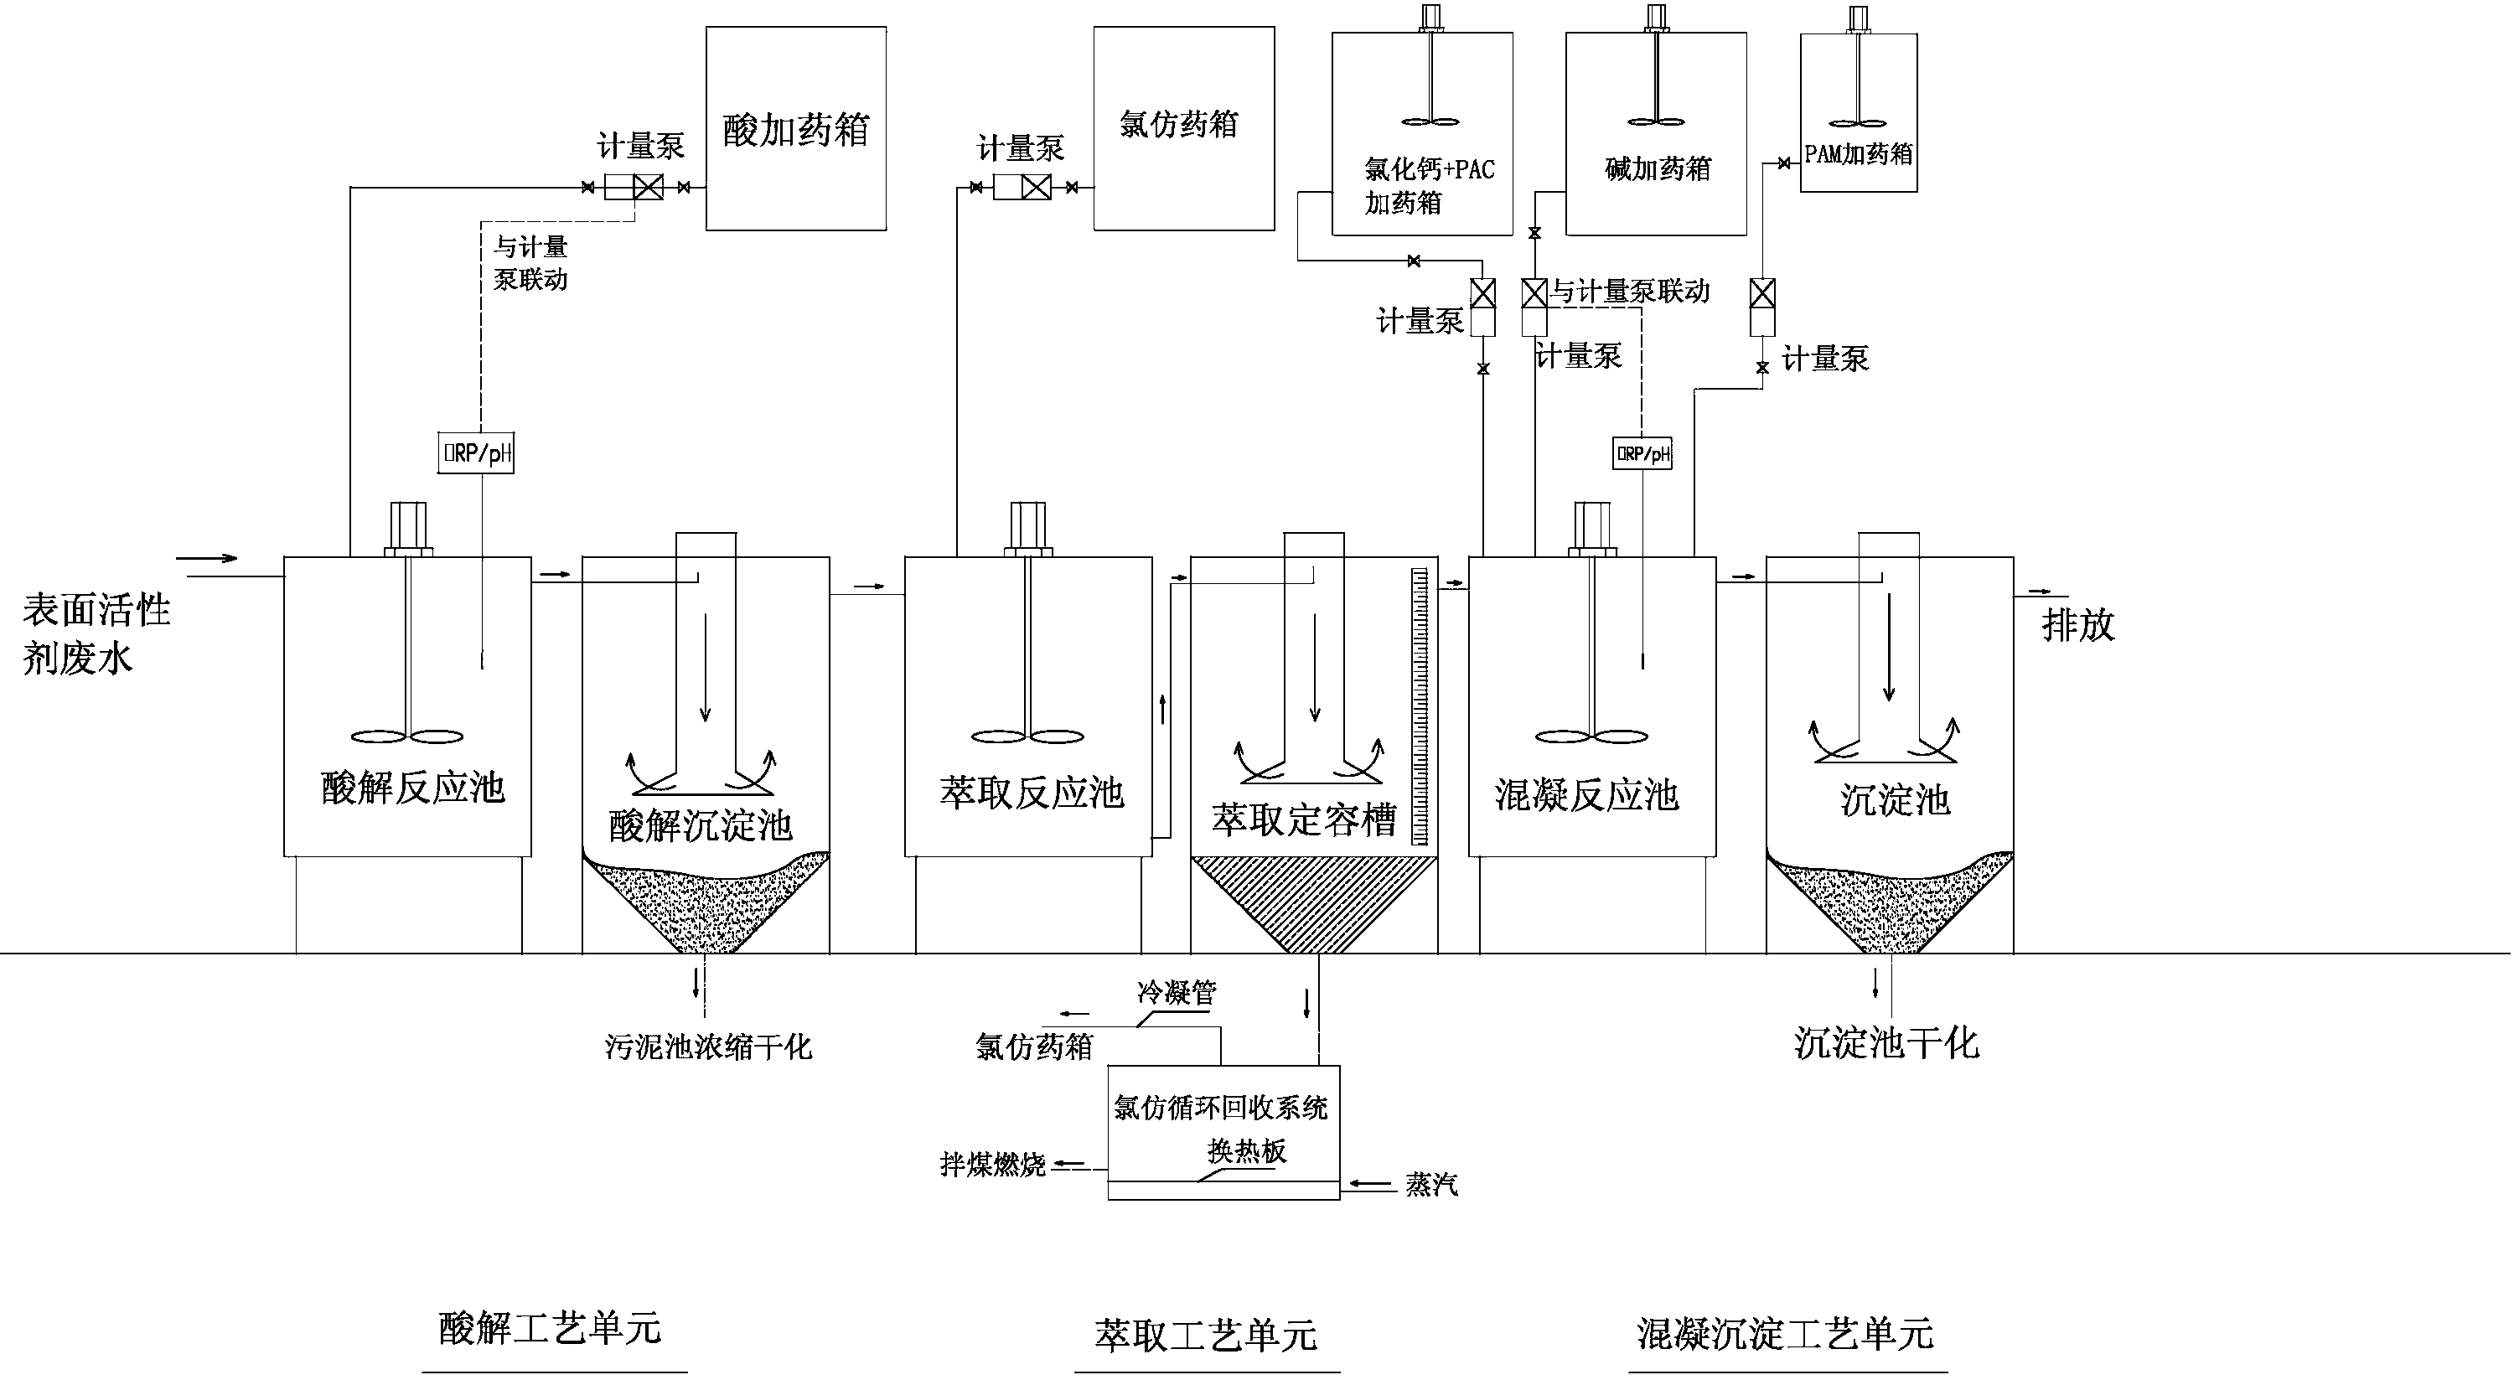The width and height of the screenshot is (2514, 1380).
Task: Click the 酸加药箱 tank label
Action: pos(795,130)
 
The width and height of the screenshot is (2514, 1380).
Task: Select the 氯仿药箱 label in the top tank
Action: pos(1179,124)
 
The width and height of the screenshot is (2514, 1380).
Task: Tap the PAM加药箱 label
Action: pos(1858,154)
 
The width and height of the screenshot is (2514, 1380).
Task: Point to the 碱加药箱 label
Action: pos(1657,169)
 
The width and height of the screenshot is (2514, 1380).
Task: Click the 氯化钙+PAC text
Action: pos(1429,170)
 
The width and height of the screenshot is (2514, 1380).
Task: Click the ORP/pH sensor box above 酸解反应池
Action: pos(475,452)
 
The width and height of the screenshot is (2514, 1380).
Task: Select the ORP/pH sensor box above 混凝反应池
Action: pos(1642,452)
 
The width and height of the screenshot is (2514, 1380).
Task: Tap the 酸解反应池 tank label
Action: pos(413,788)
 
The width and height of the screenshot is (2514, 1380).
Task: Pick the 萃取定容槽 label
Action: pos(1304,819)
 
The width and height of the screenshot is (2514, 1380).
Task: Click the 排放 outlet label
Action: pos(2077,624)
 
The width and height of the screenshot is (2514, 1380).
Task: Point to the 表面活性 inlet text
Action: pos(96,611)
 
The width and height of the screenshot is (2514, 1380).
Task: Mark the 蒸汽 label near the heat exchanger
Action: pos(1430,1185)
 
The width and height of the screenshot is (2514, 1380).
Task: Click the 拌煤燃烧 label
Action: pos(991,1165)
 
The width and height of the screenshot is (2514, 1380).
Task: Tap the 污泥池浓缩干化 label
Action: pos(707,1047)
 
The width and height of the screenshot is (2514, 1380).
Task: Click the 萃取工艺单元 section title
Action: pos(1205,1335)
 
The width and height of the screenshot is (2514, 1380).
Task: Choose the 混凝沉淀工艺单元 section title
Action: pos(1785,1333)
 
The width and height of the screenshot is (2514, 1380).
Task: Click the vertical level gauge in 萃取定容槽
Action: pos(1419,706)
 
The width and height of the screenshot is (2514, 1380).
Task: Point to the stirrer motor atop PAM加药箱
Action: pos(1858,19)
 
